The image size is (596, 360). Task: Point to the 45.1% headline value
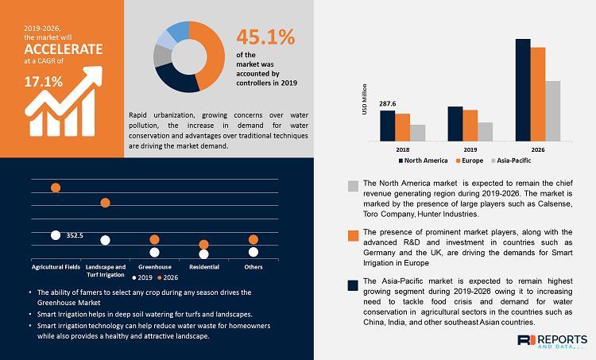click(x=265, y=37)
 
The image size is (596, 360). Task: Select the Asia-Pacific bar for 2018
click(x=418, y=132)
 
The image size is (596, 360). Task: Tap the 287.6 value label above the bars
click(x=387, y=103)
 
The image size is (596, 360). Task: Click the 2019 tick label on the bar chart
click(x=470, y=148)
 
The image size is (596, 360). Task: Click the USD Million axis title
click(x=365, y=100)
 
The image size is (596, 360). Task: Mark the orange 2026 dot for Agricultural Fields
click(x=56, y=188)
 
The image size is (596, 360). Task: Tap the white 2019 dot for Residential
click(x=203, y=254)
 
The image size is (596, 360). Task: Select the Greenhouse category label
click(x=154, y=266)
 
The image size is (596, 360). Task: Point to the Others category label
click(x=253, y=266)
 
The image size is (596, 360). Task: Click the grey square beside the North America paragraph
click(x=353, y=186)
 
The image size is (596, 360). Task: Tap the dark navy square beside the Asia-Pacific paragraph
click(x=353, y=284)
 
